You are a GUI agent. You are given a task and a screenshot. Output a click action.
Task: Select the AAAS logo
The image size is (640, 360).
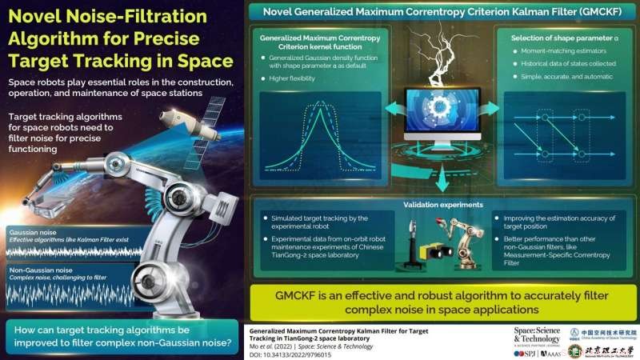(553, 351)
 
